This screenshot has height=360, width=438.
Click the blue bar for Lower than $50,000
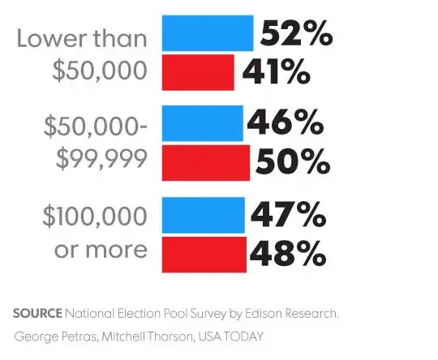208,33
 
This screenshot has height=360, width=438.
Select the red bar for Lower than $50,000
199,71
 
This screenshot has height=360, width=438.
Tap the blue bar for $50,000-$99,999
203,123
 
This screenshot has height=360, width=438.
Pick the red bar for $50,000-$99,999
206,162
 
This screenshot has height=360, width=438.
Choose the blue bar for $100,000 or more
204,216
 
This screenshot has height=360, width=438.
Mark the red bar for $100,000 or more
204,255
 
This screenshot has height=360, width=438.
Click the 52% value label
295,34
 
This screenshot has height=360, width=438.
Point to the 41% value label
276,73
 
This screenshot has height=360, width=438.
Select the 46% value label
285,124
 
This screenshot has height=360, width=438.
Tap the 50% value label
293,162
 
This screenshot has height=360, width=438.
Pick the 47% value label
287,216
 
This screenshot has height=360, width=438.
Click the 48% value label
287,255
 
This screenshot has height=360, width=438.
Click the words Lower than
82,39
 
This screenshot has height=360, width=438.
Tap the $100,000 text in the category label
95,216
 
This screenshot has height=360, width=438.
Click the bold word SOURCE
37,313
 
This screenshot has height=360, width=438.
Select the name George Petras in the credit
54,336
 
